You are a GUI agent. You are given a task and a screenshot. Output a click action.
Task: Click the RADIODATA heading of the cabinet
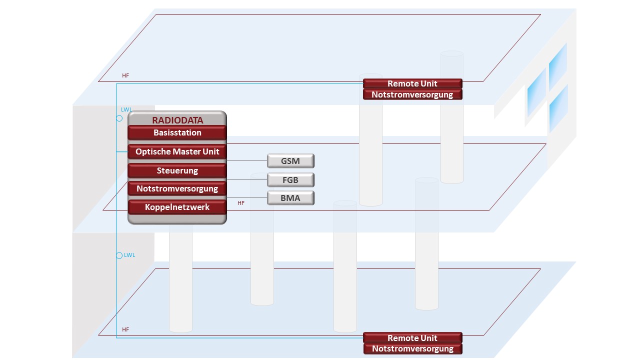click(x=177, y=120)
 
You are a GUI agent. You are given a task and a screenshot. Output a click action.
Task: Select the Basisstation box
click(x=177, y=133)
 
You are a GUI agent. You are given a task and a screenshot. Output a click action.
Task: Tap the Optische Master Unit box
click(x=177, y=151)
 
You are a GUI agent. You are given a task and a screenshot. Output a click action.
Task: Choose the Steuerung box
click(x=177, y=170)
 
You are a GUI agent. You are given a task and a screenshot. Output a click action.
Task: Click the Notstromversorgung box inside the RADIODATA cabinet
click(x=177, y=188)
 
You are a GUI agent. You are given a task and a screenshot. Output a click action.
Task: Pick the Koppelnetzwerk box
click(x=177, y=206)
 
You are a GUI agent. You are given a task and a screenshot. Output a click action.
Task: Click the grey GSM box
click(x=290, y=161)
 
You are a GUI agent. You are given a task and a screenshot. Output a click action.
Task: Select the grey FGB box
click(x=290, y=179)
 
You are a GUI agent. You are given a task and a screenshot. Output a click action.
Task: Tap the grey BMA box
click(x=290, y=198)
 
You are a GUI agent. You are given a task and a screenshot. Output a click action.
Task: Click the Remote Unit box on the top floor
click(x=412, y=83)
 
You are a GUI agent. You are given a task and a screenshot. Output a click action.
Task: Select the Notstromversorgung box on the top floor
click(x=412, y=94)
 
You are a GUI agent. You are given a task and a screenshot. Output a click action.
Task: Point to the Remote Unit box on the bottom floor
click(x=412, y=338)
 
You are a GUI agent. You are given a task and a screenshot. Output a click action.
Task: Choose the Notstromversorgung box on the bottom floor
click(x=412, y=349)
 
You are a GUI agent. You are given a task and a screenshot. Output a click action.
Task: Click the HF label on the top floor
click(x=125, y=76)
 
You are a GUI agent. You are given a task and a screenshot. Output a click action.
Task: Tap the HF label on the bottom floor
click(x=125, y=330)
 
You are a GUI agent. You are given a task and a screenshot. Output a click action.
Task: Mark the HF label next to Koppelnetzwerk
click(x=241, y=203)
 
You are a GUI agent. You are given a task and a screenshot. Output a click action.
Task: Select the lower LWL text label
click(x=129, y=255)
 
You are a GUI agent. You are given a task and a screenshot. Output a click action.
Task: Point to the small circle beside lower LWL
click(x=119, y=255)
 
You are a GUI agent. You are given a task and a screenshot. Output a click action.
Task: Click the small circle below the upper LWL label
click(x=119, y=118)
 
